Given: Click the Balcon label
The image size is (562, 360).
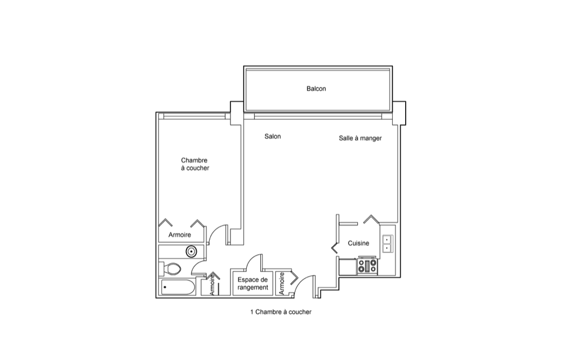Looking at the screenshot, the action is (316, 88).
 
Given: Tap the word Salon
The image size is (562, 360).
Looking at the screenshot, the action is (273, 136).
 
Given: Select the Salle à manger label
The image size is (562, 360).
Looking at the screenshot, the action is (360, 138).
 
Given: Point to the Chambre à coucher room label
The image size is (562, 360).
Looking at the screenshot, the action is (194, 164).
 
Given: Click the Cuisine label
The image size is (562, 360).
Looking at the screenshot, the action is (359, 243).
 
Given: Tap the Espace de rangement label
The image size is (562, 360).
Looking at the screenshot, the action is (253, 283).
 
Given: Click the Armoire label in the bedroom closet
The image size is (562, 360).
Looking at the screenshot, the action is (180, 235).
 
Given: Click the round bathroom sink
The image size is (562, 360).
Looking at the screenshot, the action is (192, 251).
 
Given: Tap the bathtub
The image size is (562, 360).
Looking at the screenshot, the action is (178, 287).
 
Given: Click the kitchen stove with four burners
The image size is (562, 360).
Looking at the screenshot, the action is (368, 266).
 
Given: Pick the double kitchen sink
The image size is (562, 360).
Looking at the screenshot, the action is (388, 244).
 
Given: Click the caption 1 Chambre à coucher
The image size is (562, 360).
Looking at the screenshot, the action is (281, 312).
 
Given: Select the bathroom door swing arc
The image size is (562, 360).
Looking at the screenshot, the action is (197, 264).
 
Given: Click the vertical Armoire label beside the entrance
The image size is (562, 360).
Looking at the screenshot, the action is (282, 283).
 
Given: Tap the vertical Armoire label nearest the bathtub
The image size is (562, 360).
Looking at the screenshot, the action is (212, 284).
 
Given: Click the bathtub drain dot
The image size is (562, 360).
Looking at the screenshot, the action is (165, 287).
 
